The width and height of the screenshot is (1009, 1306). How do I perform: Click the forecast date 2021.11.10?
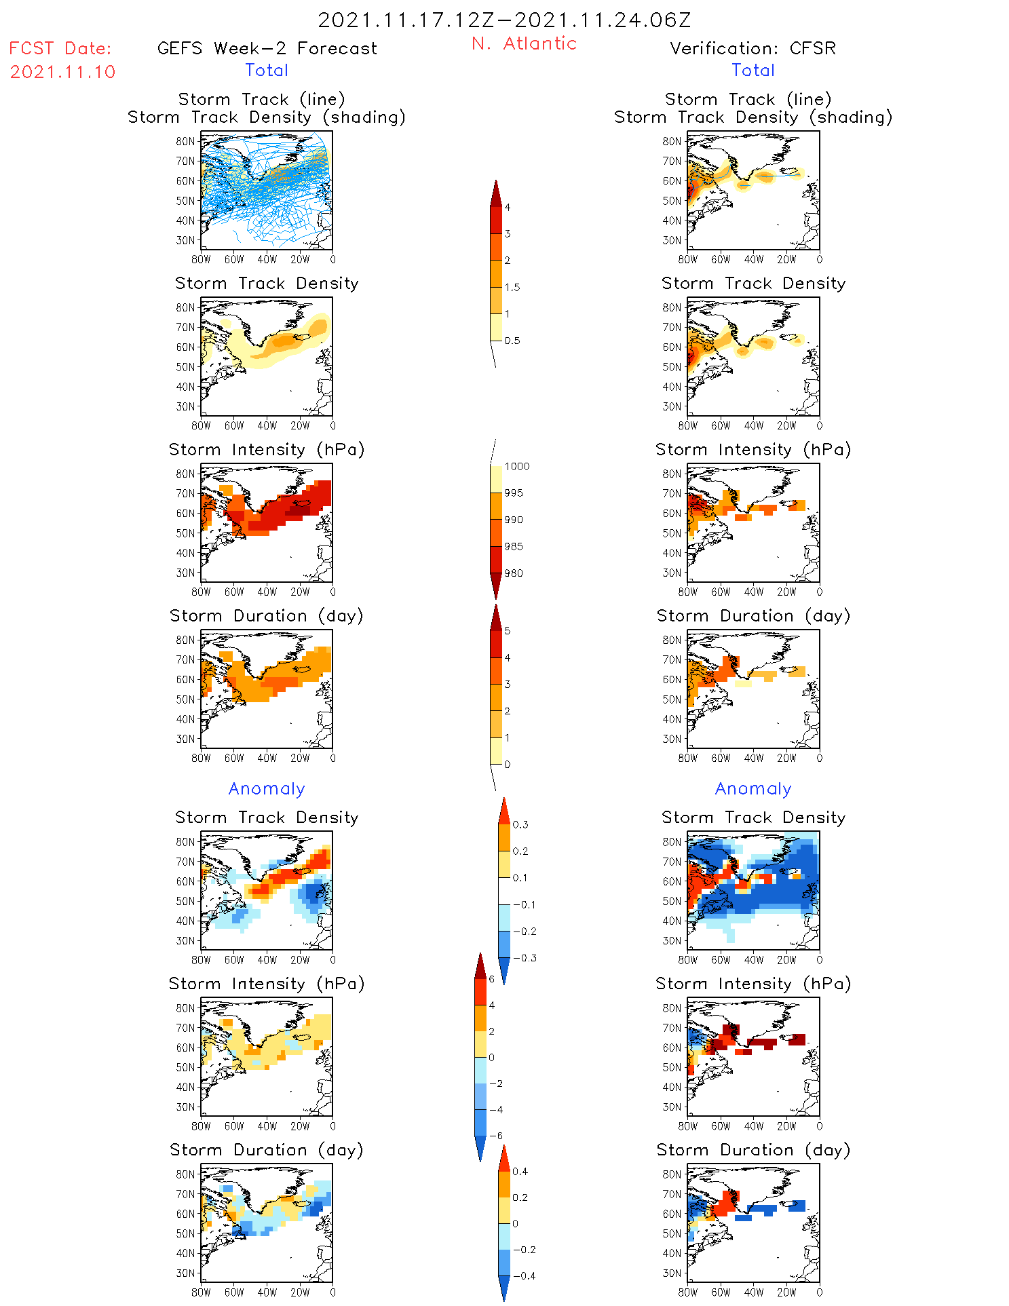tap(62, 72)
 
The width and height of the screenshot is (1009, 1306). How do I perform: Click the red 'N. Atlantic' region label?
tap(524, 43)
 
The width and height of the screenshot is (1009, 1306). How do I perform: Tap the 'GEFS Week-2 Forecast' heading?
tap(267, 48)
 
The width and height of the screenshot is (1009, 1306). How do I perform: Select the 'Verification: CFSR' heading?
tap(753, 48)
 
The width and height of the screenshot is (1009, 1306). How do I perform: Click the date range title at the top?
tap(504, 20)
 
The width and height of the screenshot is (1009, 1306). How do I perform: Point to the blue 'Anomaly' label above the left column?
tap(267, 788)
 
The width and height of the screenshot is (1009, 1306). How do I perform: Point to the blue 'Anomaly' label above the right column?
tap(753, 788)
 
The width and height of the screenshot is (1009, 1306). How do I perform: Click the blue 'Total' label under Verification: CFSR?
tap(753, 70)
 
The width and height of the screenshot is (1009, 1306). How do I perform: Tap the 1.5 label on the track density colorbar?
tap(512, 287)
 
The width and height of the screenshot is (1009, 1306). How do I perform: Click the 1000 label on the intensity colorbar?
tap(516, 466)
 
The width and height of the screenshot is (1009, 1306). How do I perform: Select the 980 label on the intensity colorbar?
tap(514, 573)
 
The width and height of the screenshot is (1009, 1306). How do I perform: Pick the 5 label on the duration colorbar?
tap(507, 631)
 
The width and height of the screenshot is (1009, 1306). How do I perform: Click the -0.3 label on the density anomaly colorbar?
tap(525, 958)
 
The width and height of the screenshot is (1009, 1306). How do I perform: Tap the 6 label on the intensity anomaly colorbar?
tap(492, 979)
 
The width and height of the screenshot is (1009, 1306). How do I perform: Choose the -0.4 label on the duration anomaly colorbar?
tap(524, 1275)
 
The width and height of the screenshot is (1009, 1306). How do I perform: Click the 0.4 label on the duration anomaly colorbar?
tap(520, 1171)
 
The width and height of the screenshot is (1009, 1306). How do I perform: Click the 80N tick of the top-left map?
tap(185, 141)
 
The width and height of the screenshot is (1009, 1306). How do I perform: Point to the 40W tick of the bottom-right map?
tap(753, 1292)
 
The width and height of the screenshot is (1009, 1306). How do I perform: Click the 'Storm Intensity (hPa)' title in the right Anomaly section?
tap(753, 984)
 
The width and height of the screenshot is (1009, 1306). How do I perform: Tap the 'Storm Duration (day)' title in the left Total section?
tap(267, 615)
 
